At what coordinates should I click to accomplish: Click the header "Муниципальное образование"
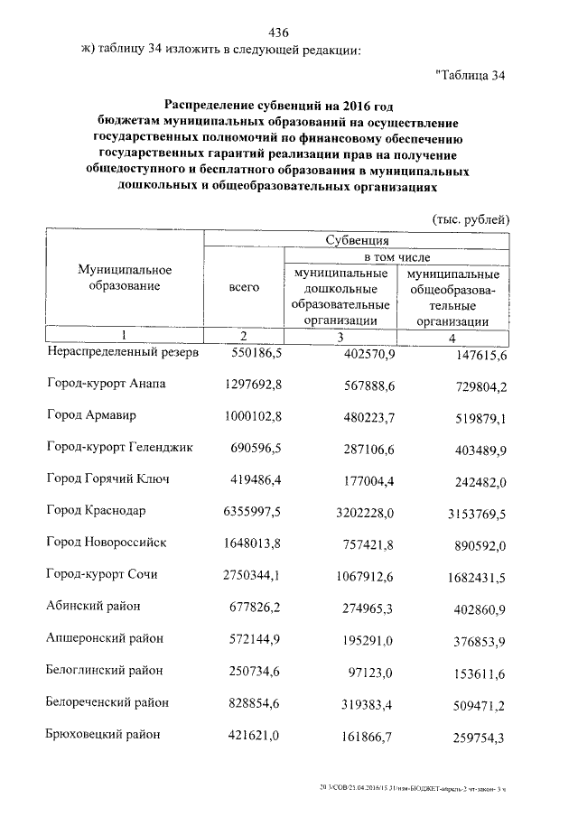pyautogui.click(x=125, y=278)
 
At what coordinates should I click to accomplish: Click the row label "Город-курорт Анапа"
pyautogui.click(x=107, y=383)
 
